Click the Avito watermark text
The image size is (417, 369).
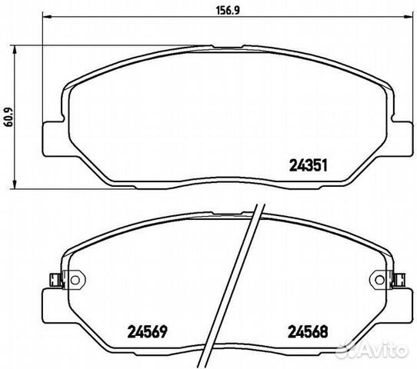(389, 353)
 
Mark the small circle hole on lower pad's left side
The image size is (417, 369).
(76, 278)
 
